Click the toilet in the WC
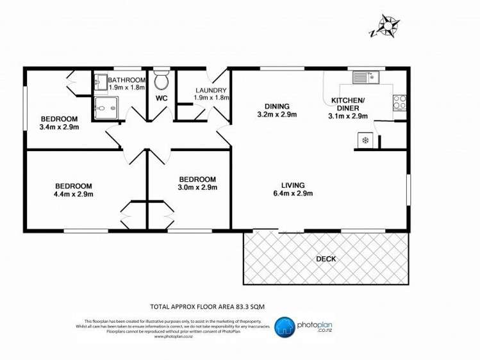[161, 81]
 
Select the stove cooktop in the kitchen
[399, 102]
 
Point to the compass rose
[387, 26]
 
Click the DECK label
[326, 259]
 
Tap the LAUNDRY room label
[209, 90]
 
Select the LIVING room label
[292, 184]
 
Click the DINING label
[277, 106]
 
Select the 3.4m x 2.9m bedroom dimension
[59, 127]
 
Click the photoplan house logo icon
[285, 327]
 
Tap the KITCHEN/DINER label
[348, 104]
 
